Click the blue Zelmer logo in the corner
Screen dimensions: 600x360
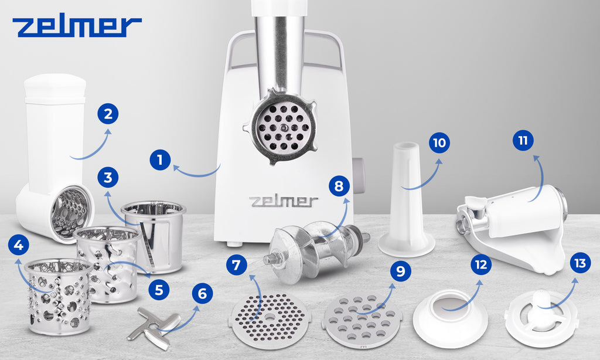pyautogui.click(x=77, y=27)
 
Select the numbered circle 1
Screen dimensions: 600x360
pyautogui.click(x=160, y=159)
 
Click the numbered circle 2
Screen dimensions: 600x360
pyautogui.click(x=108, y=114)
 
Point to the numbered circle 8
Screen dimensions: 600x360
pyautogui.click(x=339, y=186)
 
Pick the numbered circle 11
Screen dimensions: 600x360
pyautogui.click(x=523, y=140)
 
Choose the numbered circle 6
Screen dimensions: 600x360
pyautogui.click(x=202, y=293)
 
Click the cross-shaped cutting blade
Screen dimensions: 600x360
pyautogui.click(x=154, y=328)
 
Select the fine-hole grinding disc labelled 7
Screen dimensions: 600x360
pyautogui.click(x=270, y=315)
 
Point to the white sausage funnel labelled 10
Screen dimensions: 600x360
pyautogui.click(x=407, y=200)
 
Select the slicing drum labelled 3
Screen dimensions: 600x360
pyautogui.click(x=154, y=236)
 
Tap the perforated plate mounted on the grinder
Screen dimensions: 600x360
pyautogui.click(x=284, y=127)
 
